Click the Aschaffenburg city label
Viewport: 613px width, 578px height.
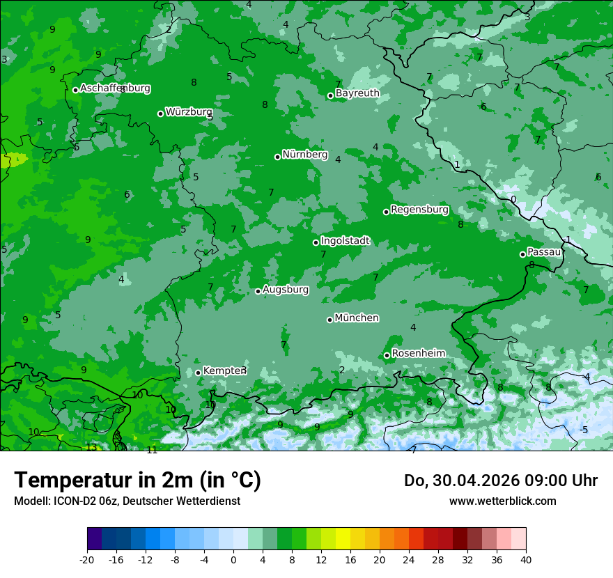tap(115, 88)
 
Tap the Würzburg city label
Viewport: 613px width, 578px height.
tap(189, 112)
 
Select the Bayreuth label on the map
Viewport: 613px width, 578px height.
tap(357, 93)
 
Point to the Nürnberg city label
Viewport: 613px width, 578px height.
tap(304, 155)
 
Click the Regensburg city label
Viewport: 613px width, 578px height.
tap(419, 210)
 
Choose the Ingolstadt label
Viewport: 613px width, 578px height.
tap(345, 241)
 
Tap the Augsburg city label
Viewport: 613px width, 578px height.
tap(286, 289)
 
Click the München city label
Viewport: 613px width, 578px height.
tap(357, 318)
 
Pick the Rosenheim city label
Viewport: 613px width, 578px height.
tap(418, 354)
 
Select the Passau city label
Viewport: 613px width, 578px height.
tap(544, 252)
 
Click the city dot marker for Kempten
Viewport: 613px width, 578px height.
tap(198, 373)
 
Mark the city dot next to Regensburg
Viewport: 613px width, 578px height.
tap(386, 212)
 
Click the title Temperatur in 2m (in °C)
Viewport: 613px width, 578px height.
tap(137, 481)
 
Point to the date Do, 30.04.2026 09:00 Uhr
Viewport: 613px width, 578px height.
tap(500, 481)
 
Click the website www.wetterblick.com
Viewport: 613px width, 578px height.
tap(502, 501)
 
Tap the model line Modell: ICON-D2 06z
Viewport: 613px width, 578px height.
tap(127, 501)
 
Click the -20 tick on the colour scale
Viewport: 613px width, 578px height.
tap(87, 559)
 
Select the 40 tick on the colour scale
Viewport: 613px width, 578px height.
tap(525, 559)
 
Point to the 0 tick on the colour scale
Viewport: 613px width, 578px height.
tap(233, 559)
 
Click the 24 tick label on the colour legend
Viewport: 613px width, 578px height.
tap(409, 559)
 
